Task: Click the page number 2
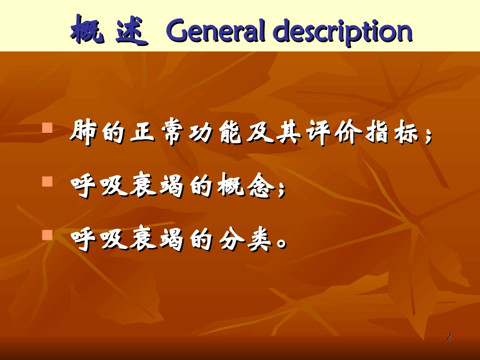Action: tap(449, 337)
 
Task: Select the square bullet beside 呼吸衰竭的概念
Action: tap(47, 181)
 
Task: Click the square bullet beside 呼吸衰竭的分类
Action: tap(47, 235)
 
